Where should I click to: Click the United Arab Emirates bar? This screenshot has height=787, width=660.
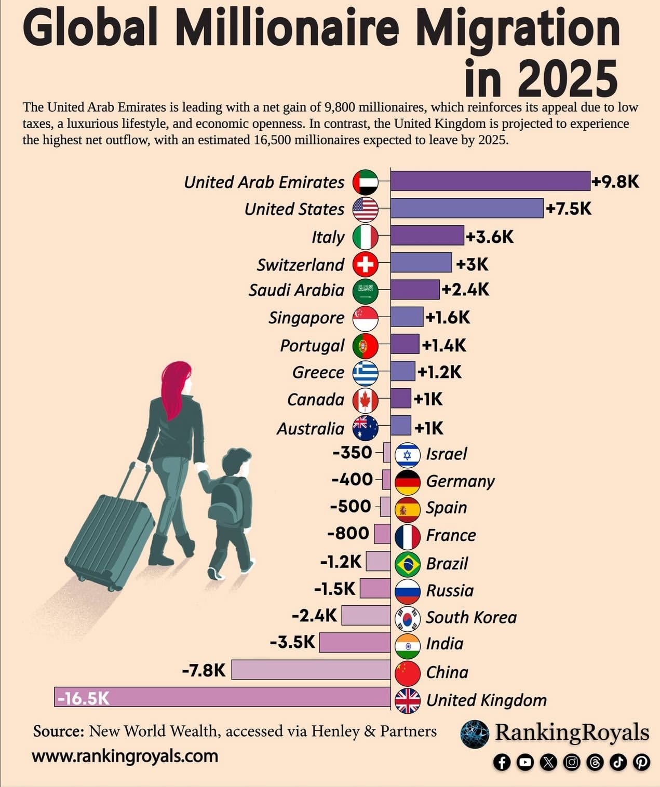pyautogui.click(x=490, y=181)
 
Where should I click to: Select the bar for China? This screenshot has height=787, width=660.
pyautogui.click(x=311, y=670)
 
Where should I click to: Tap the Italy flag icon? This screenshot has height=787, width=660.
pyautogui.click(x=366, y=237)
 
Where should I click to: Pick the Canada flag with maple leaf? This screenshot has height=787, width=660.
pyautogui.click(x=366, y=400)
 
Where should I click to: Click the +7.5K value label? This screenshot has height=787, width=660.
pyautogui.click(x=569, y=209)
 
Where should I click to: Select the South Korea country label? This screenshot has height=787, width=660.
pyautogui.click(x=471, y=617)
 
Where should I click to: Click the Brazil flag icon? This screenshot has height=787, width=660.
pyautogui.click(x=408, y=564)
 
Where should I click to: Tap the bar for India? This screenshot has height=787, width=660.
pyautogui.click(x=355, y=643)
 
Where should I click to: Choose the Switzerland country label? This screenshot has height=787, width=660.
pyautogui.click(x=300, y=265)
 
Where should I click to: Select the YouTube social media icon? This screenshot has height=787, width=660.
pyautogui.click(x=525, y=762)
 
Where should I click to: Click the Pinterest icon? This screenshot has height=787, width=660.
pyautogui.click(x=642, y=762)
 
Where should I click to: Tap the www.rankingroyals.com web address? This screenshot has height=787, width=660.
pyautogui.click(x=125, y=756)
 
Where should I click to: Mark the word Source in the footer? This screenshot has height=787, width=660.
pyautogui.click(x=59, y=731)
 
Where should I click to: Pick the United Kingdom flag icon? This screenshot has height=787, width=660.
pyautogui.click(x=408, y=700)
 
